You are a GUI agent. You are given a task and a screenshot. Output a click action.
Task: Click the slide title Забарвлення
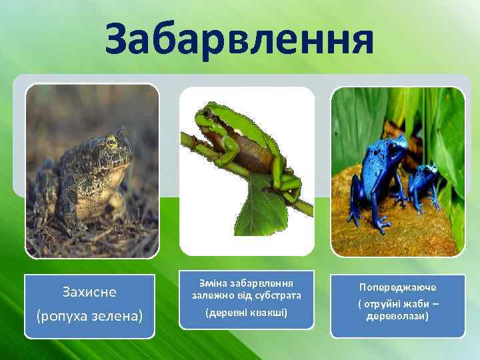(x=239, y=38)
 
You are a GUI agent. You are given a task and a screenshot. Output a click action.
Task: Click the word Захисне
(x=89, y=292)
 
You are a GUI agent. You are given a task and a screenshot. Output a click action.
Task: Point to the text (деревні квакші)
(x=246, y=312)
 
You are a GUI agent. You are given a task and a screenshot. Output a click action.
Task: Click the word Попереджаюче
(x=397, y=287)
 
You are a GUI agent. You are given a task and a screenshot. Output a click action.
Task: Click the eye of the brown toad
(x=111, y=141)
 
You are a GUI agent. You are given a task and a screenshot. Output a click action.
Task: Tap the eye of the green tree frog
(x=207, y=114)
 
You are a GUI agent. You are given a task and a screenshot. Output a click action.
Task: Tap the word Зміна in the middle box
(x=205, y=282)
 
